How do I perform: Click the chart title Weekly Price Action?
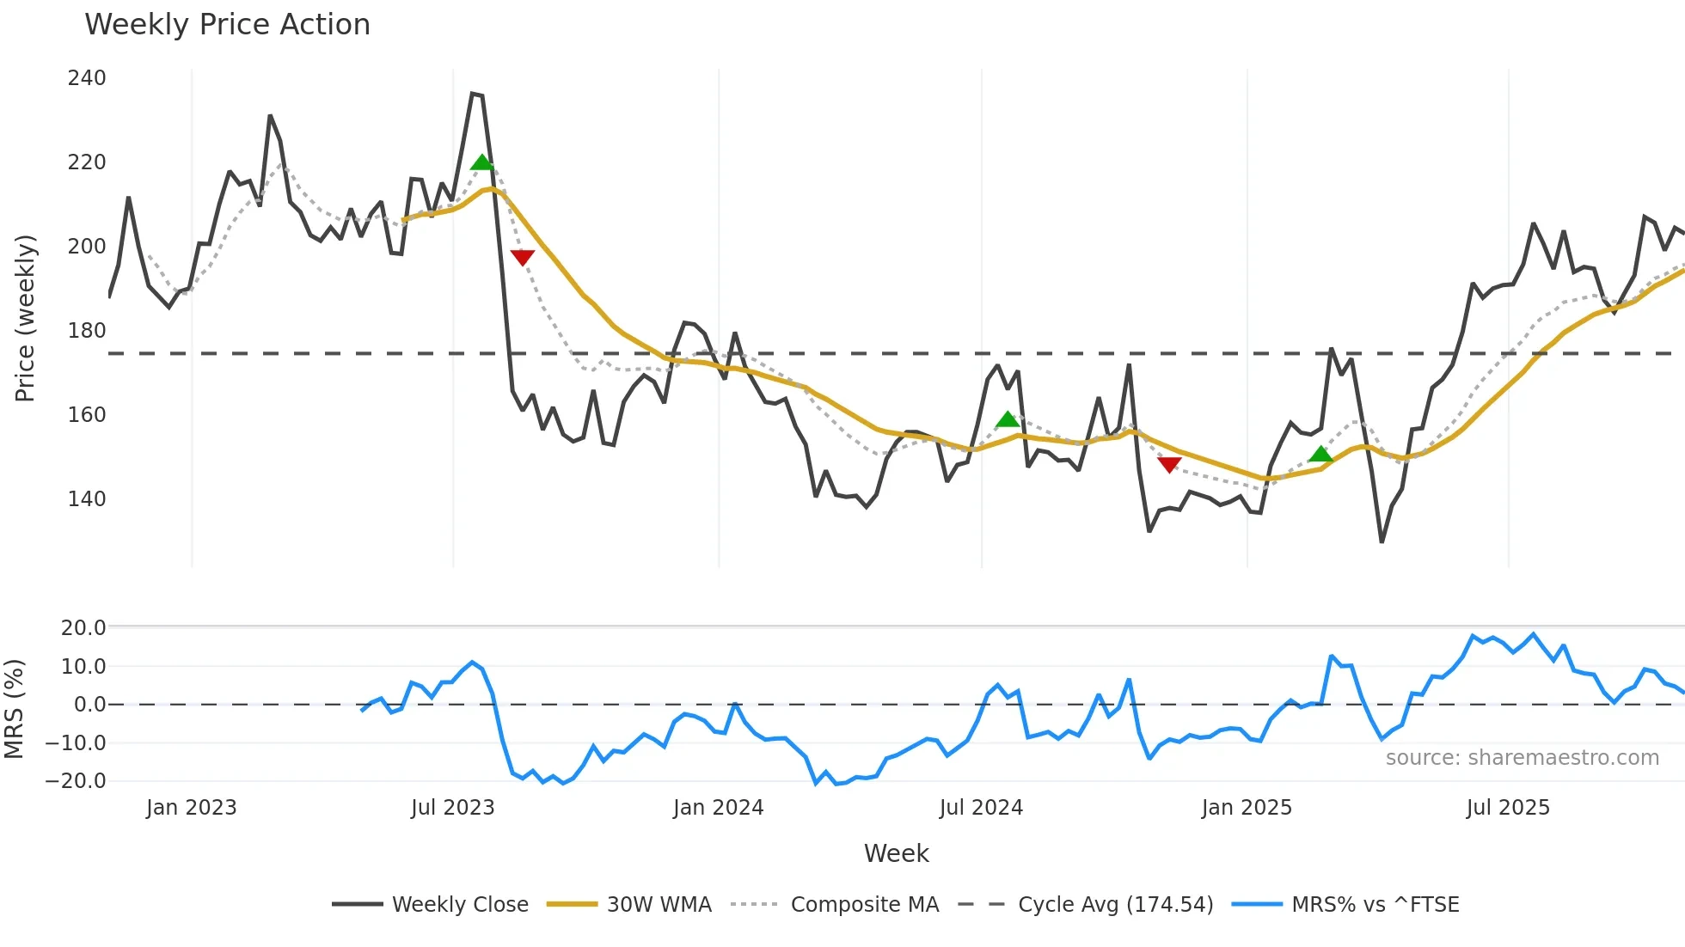[x=227, y=25]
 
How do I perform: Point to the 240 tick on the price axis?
[x=87, y=78]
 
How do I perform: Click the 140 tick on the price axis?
[x=87, y=499]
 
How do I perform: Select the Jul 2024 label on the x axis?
[x=981, y=808]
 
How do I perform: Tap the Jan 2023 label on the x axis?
[x=191, y=808]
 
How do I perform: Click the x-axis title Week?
[x=896, y=853]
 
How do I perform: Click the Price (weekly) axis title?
[x=26, y=318]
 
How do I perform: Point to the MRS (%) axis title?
[x=15, y=709]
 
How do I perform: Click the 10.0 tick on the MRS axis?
[x=83, y=667]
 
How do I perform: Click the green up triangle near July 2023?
[x=482, y=162]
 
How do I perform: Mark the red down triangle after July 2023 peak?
[x=523, y=257]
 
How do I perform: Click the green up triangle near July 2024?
[x=1008, y=419]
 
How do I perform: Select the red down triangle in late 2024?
[x=1169, y=465]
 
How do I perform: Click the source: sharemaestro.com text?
[x=1522, y=758]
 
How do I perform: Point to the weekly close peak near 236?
[x=474, y=94]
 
